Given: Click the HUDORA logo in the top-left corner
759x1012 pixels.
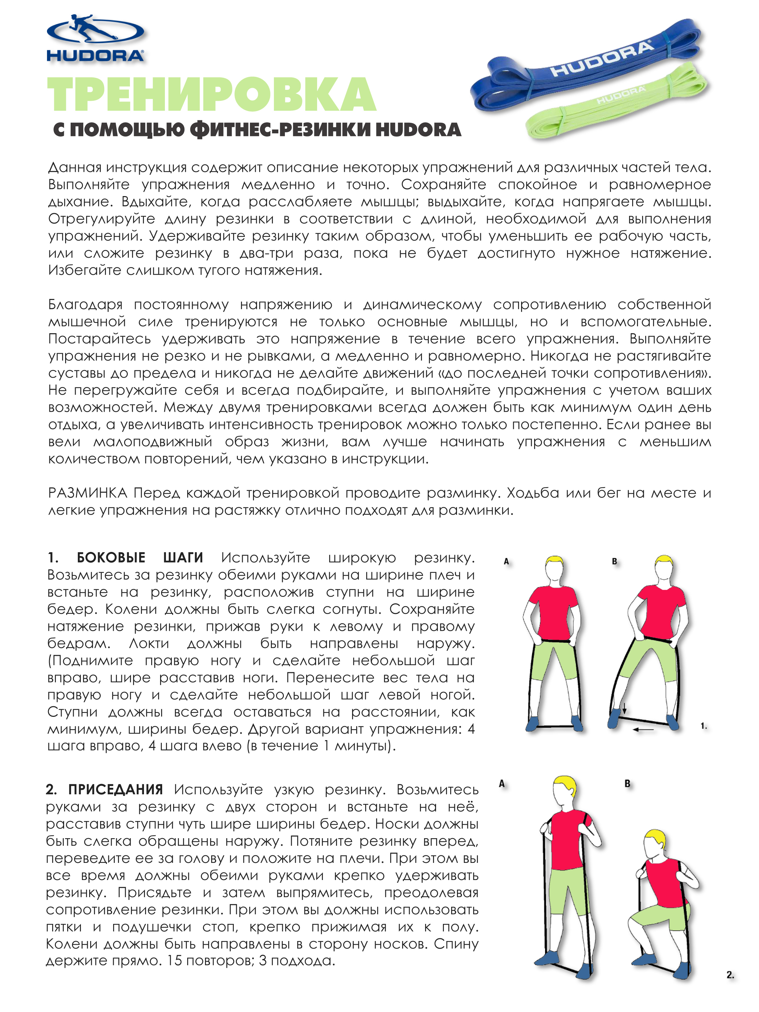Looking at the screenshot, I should click(95, 38).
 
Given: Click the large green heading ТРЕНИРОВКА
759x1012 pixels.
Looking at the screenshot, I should click(212, 95).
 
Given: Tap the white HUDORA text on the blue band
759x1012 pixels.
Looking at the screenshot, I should click(602, 59).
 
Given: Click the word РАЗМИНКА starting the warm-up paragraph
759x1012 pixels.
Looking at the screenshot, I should click(88, 493).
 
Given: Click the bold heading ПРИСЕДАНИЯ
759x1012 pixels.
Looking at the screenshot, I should click(115, 789).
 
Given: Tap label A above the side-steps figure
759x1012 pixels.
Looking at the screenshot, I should click(506, 561).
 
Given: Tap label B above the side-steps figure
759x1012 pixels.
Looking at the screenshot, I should click(614, 561).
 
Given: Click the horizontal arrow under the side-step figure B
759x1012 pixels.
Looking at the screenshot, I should click(643, 729).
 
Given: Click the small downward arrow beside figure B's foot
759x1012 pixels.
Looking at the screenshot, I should click(624, 710).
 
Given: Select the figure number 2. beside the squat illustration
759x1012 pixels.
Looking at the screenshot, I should click(730, 975).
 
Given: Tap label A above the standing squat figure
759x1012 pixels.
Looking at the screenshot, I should click(502, 784).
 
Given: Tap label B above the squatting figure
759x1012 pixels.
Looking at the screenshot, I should click(627, 784).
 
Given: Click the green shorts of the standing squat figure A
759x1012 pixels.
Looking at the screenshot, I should click(567, 892).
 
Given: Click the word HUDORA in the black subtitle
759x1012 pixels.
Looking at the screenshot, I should click(418, 130).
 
